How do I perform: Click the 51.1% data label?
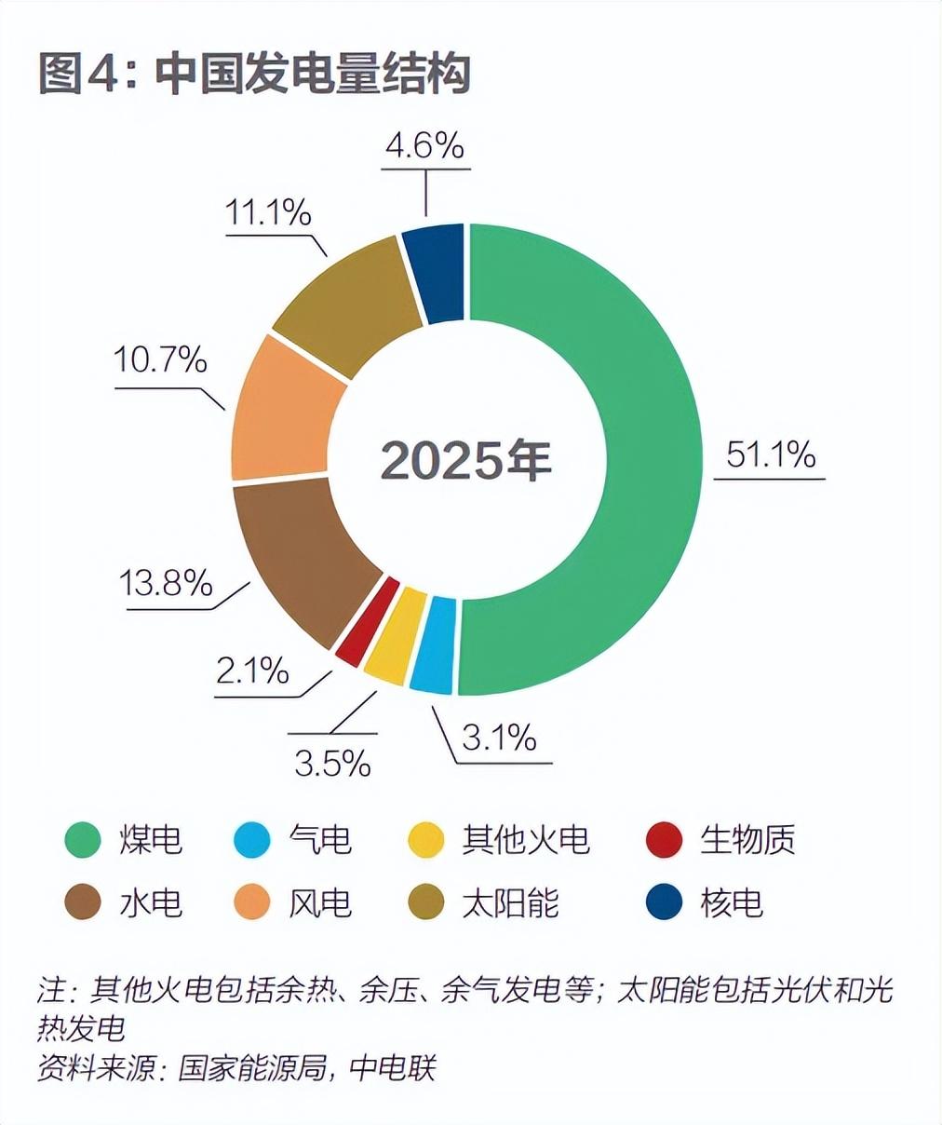point(770,454)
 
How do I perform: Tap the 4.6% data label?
point(424,145)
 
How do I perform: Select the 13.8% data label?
point(166,583)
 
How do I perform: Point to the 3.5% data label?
point(332,763)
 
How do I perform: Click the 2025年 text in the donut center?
point(466,459)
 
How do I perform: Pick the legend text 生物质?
point(747,839)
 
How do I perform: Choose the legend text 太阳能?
point(510,902)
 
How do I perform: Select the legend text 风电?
point(320,902)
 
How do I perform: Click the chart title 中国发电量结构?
point(313,75)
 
